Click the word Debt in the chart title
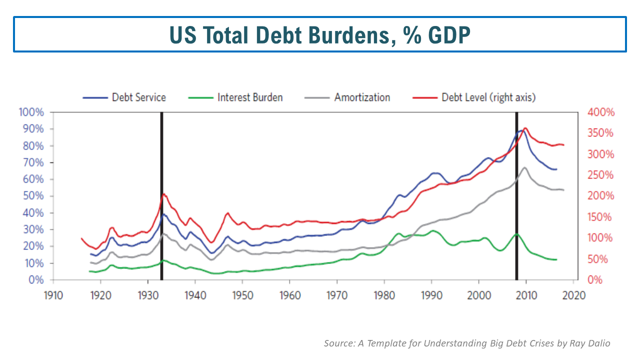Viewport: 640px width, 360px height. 283,34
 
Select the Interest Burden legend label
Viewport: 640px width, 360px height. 249,97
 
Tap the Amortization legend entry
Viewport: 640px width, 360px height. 362,97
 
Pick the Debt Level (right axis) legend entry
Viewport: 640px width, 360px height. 488,97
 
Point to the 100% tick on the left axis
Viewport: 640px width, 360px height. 31,112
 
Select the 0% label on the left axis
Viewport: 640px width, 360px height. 35,280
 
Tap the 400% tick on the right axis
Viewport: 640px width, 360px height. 601,112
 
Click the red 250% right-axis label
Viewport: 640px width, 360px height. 601,175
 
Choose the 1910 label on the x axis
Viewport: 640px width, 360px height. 53,294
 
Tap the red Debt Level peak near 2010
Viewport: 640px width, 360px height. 525,128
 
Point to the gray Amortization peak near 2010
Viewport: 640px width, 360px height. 524,167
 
